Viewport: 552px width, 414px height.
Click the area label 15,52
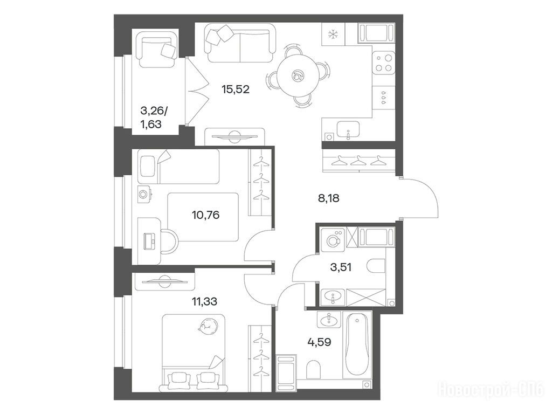click(236, 89)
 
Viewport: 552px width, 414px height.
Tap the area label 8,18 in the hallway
click(328, 198)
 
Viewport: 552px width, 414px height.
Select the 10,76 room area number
click(205, 215)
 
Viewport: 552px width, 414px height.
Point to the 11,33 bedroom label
click(204, 301)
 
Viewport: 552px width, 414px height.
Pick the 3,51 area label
click(341, 267)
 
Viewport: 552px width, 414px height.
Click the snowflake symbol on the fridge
click(333, 34)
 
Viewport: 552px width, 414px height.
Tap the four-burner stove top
click(384, 63)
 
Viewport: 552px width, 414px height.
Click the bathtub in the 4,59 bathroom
click(357, 344)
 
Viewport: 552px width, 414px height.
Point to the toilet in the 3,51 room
click(376, 266)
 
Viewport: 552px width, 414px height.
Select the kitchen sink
click(348, 129)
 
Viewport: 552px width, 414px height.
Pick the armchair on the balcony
click(157, 49)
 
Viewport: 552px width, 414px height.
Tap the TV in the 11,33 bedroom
click(164, 280)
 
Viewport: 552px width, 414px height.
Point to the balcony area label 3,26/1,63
click(154, 118)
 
